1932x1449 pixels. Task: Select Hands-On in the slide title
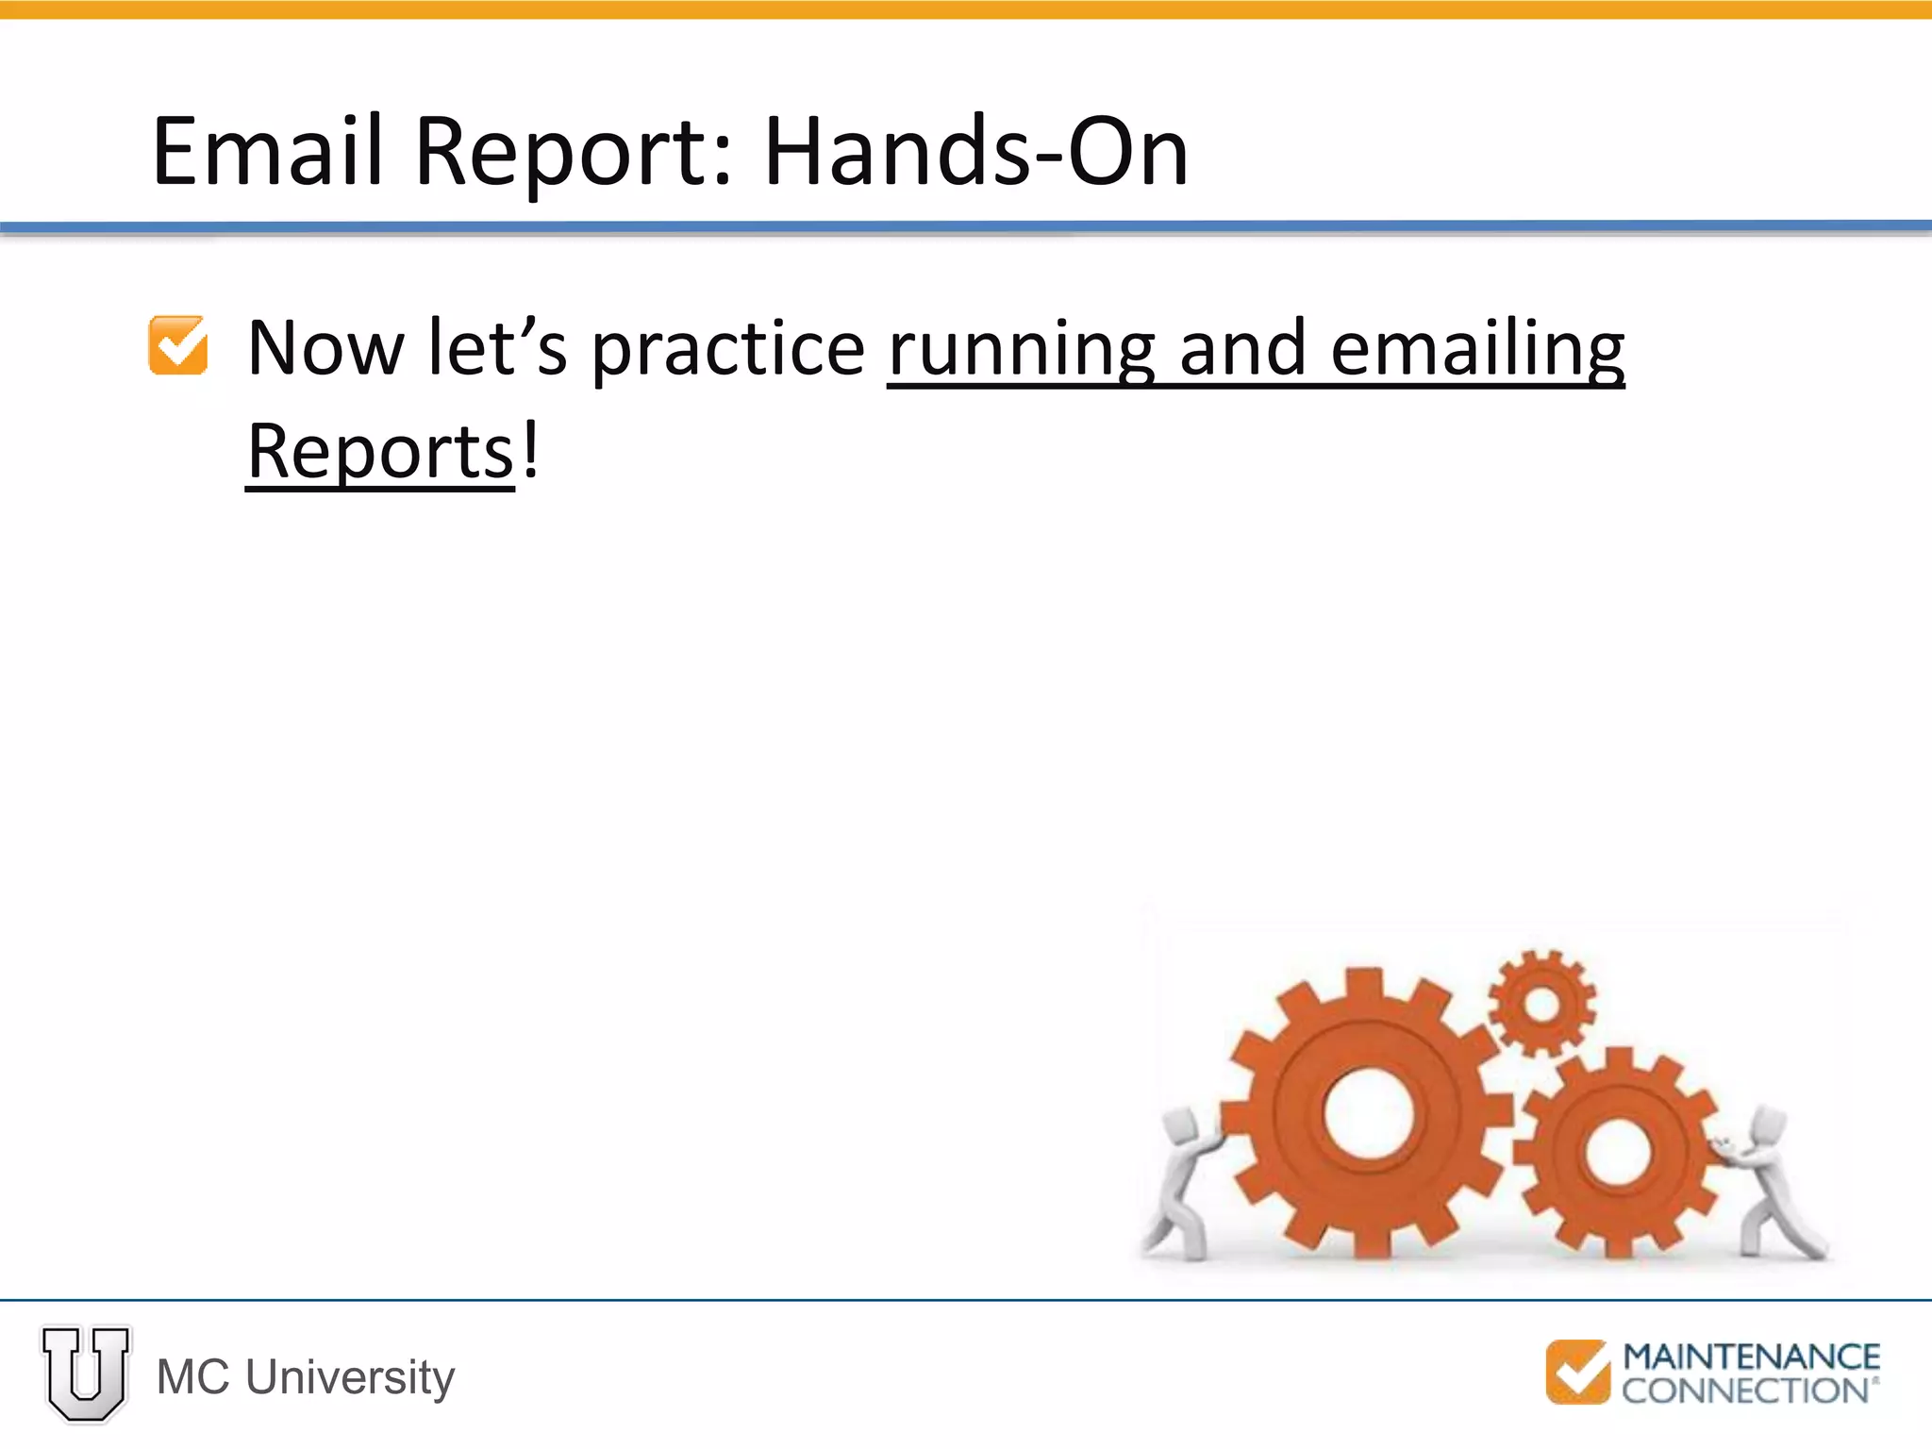(975, 151)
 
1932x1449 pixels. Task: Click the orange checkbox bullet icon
(178, 345)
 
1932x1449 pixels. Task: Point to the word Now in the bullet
(325, 348)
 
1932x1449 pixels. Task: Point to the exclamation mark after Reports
(531, 451)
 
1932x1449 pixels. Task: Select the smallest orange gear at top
(1542, 1003)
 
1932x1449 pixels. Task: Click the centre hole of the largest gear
(1368, 1113)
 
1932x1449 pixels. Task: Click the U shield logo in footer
(86, 1374)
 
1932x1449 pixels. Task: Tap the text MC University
(306, 1377)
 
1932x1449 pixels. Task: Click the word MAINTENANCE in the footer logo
(1751, 1357)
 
